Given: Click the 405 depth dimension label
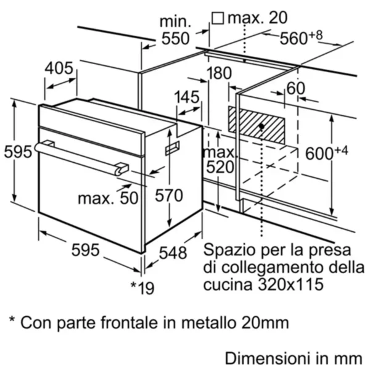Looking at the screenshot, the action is coord(59,68).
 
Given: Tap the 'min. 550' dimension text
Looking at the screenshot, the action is coord(175,30).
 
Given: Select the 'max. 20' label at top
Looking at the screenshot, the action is coord(257,18).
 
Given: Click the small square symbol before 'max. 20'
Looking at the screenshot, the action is coord(217,18).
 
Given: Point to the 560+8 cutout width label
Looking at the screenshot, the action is coord(301,37).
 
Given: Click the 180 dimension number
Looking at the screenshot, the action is coord(219,73).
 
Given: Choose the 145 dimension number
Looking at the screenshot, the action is coord(187,97).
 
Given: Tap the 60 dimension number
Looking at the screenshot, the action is coord(295,88).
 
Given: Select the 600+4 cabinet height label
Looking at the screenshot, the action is coord(327,153).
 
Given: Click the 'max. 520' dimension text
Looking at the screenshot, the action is coord(220,160).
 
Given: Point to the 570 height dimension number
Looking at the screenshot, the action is coord(169,195).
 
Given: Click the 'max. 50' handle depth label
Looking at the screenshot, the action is coord(108,198).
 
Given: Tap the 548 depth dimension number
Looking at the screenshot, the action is coord(173,253).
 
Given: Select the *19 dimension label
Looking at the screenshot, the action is coord(142,287).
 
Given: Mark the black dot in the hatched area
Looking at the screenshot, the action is coord(261,126).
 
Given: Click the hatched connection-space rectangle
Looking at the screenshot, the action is coord(257,125).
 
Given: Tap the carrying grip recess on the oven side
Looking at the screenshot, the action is coord(172,148).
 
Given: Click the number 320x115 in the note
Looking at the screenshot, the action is coord(290,284).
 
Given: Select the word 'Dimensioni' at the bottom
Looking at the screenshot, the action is coord(268,358).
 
